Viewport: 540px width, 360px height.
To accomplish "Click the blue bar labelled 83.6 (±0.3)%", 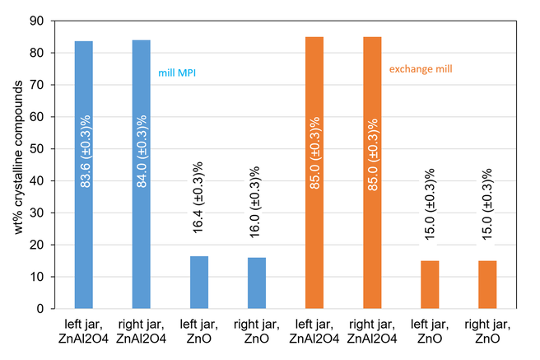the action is [x=84, y=175].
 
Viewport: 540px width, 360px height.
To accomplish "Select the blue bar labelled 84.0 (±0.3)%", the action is [x=142, y=175].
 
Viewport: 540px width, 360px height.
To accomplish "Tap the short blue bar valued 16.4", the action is [x=199, y=283].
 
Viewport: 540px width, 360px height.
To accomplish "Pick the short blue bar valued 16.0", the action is [x=257, y=283].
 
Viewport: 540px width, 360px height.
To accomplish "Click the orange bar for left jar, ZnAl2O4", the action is [x=314, y=173].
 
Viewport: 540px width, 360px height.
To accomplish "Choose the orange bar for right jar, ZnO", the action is [x=487, y=284].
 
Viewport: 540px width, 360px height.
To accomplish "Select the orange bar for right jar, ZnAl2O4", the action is [x=372, y=173].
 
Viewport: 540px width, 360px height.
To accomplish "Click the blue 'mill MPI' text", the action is [x=177, y=73].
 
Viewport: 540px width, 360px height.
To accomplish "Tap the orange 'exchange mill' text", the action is [x=421, y=69].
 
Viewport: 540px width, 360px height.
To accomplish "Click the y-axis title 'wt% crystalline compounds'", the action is [x=18, y=157].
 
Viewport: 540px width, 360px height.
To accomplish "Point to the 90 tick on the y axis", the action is [x=53, y=21].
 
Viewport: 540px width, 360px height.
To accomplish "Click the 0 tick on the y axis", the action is [x=53, y=309].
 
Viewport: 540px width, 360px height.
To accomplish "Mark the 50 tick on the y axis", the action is [x=53, y=149].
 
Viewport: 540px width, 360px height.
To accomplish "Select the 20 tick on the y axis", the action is [x=53, y=245].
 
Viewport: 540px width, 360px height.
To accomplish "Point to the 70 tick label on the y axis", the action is [x=37, y=85].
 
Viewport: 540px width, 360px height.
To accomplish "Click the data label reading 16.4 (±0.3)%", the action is [x=198, y=198].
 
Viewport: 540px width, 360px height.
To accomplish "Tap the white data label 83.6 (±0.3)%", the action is [x=85, y=152].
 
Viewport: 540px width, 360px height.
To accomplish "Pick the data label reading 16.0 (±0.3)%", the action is [x=255, y=202].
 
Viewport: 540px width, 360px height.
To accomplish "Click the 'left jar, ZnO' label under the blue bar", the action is [x=199, y=331].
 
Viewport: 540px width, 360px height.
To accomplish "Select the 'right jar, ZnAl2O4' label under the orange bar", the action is [x=372, y=331].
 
